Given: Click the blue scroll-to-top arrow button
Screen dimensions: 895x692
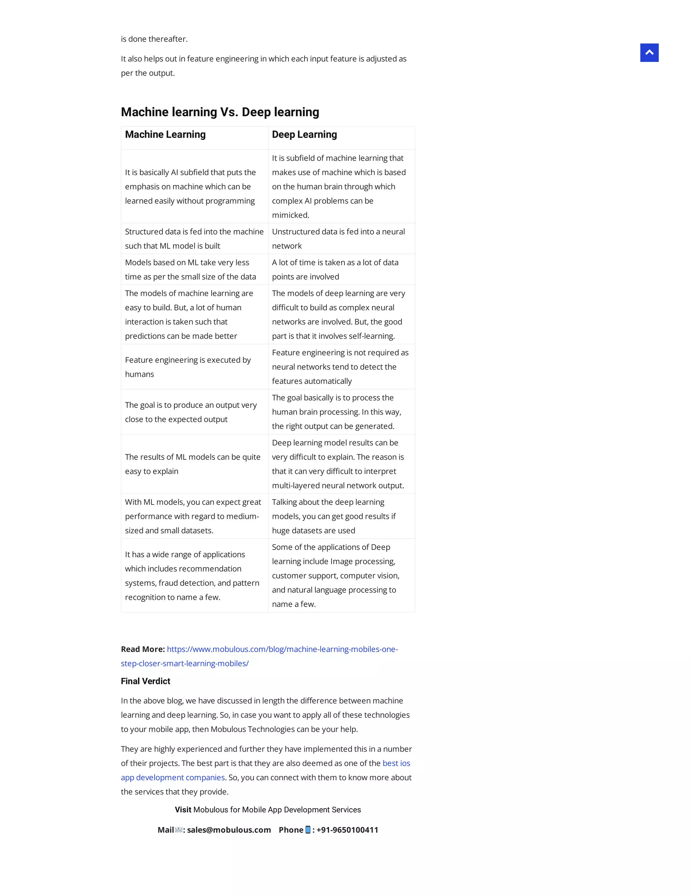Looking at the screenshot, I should (649, 53).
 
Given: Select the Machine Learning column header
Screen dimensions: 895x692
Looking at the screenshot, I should (165, 134).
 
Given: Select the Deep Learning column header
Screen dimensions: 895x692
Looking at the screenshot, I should (304, 134).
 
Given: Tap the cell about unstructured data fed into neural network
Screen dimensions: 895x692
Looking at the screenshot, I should (338, 238).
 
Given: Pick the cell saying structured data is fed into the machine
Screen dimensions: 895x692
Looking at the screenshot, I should (194, 238).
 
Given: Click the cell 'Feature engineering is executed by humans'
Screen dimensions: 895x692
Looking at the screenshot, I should (188, 367).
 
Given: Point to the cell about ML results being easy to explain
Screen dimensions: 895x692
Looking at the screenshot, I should (192, 464).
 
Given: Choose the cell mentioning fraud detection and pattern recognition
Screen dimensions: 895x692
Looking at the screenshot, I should (192, 576).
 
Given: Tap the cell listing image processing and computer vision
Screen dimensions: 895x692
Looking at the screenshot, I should (335, 576).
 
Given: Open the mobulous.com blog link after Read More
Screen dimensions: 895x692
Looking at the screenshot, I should (282, 649).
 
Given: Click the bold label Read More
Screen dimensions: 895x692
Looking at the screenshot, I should (143, 649).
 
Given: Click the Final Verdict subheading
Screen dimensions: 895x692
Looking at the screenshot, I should (146, 681).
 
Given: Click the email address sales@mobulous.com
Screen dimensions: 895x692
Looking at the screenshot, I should (229, 830).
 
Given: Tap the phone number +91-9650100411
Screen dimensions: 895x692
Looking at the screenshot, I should (347, 830).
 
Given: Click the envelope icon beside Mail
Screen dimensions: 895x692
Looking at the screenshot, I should (179, 830).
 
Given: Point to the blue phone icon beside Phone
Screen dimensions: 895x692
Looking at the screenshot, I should (308, 830).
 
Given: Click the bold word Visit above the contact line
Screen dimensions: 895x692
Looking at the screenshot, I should (183, 810).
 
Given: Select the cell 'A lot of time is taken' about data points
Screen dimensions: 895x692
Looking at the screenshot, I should (335, 269).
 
